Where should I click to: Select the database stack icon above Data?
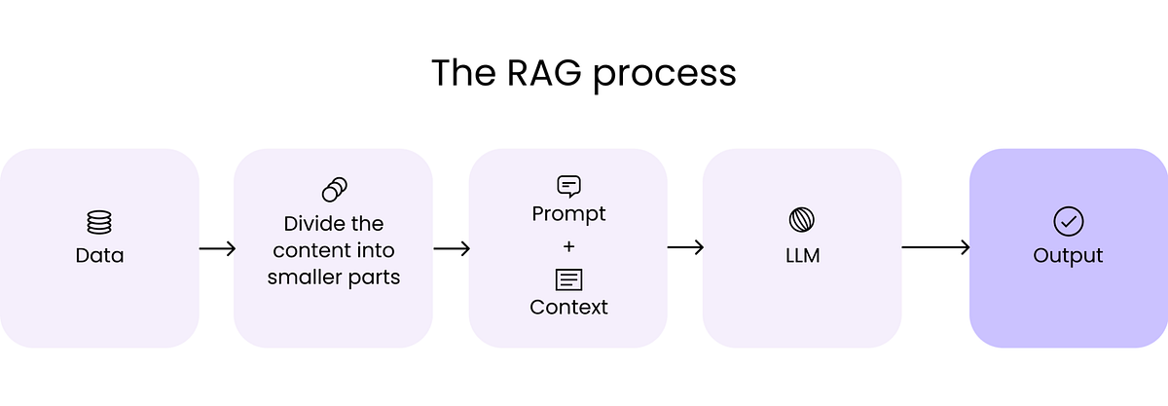coord(99,222)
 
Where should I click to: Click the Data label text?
coord(99,256)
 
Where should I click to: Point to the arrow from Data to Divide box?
coord(217,248)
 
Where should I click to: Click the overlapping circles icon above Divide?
coord(334,189)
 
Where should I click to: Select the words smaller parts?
coord(334,277)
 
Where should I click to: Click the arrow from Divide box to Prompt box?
coord(452,248)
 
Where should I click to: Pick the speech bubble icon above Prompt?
coord(568,186)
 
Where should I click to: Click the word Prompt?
coord(568,213)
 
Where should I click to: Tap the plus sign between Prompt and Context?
coord(568,245)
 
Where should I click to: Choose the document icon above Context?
coord(568,279)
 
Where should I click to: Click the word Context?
coord(568,308)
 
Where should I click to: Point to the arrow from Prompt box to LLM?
coord(685,248)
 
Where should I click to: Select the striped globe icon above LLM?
coord(802,220)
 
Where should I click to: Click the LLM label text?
coord(802,256)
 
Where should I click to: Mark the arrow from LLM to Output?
coord(935,248)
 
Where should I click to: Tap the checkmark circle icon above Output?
coord(1068,221)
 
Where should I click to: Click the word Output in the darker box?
coord(1068,256)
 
